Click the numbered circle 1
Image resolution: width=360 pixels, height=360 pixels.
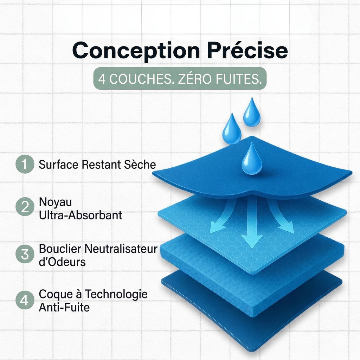click(25, 164)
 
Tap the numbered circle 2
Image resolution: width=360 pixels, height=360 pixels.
click(25, 206)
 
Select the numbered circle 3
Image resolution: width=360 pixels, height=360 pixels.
click(25, 254)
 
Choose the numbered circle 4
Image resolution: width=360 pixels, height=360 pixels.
click(25, 300)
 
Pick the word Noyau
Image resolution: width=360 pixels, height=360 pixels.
click(55, 202)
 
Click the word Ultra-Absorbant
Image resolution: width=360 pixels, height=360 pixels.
click(81, 215)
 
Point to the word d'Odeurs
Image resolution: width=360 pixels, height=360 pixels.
click(62, 262)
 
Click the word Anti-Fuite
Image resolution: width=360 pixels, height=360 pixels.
click(64, 307)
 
